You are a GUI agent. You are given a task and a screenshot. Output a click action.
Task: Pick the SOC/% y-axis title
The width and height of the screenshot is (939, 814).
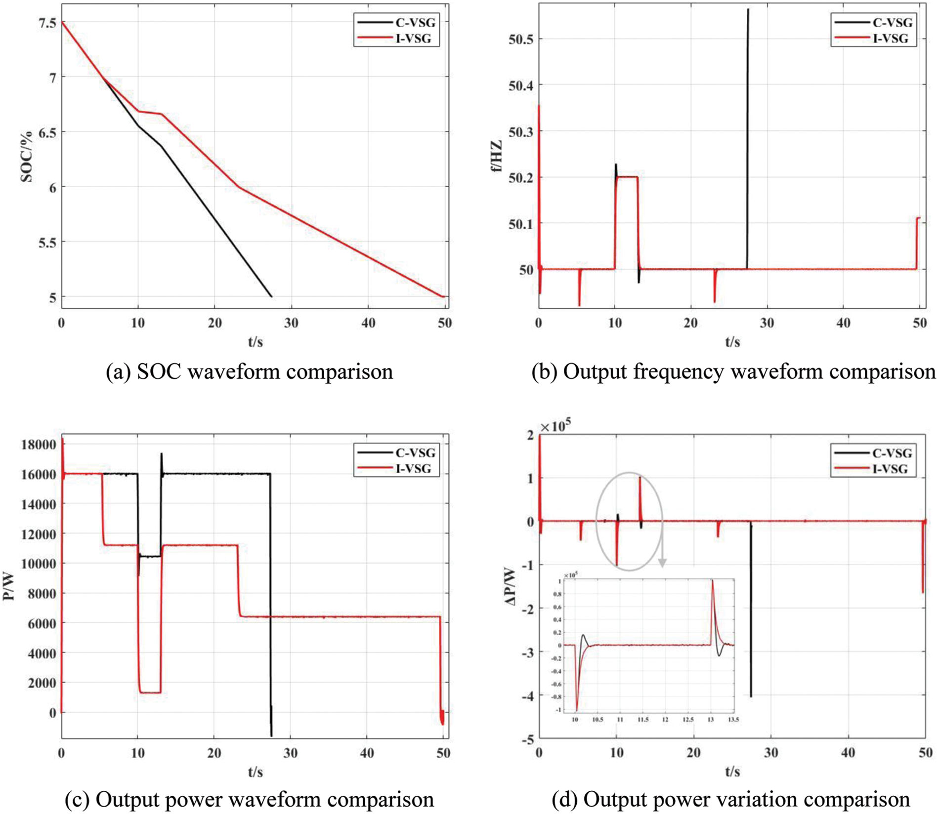pos(26,157)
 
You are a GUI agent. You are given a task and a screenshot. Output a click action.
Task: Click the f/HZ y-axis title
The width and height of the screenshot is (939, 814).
pos(497,157)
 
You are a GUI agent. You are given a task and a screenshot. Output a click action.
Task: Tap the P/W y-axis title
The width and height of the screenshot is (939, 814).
pos(8,588)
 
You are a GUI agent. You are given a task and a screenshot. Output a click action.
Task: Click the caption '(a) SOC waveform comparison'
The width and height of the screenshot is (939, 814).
pos(250,371)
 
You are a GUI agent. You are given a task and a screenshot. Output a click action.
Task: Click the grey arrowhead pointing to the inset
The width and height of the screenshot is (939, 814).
pos(662,563)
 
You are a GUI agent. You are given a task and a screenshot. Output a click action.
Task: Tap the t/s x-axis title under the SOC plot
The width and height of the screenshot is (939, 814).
pos(256,341)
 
